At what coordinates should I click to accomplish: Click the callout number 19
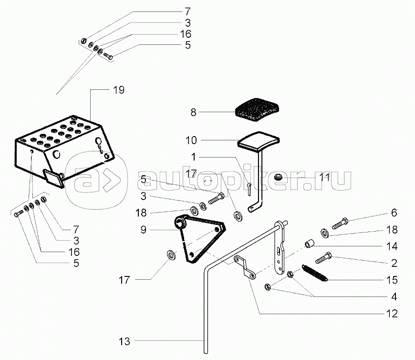[119, 90]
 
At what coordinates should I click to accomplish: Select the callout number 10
[191, 140]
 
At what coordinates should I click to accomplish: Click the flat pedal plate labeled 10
[259, 140]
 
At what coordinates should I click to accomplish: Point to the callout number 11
[324, 177]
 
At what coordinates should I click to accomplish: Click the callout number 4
[394, 297]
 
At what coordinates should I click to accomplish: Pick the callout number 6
[394, 213]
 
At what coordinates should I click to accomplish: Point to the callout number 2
[394, 263]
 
